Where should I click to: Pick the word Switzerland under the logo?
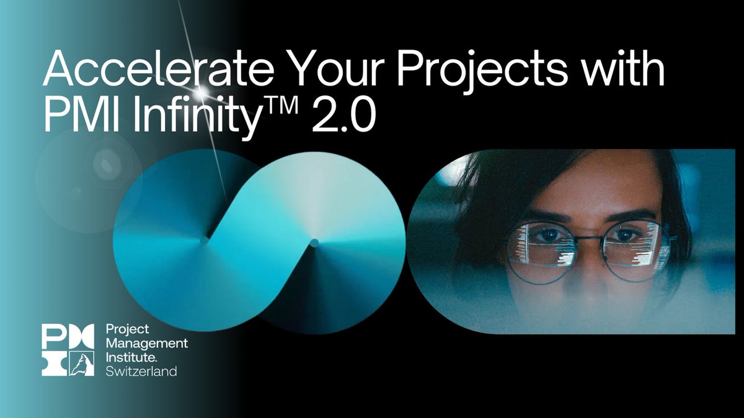141,371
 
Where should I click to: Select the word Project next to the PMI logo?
124,329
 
